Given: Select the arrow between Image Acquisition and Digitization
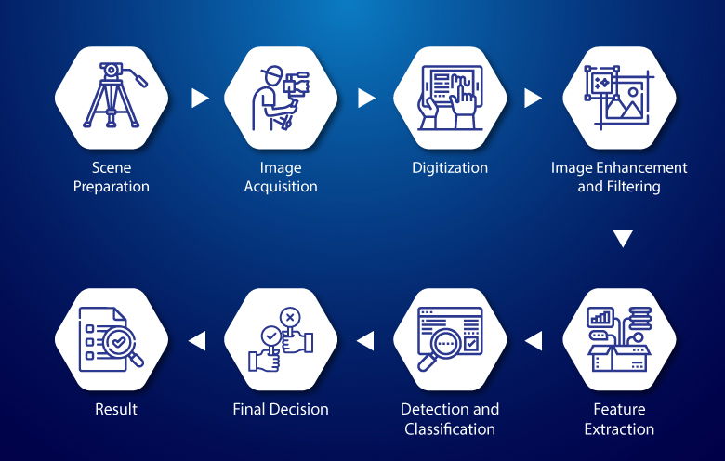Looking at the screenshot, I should point(366,98).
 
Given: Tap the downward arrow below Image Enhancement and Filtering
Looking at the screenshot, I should point(623,239).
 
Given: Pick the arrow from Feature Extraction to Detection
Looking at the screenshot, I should point(534,341).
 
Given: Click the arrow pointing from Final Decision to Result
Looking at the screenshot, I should point(197,341).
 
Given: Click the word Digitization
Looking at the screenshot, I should point(450,168).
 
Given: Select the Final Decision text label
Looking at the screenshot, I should point(280,409).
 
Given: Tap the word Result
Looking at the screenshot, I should point(116,409).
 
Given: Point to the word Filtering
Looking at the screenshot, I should point(632,187).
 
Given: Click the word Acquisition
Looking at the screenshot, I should point(281,187).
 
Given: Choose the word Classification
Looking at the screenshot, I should point(450,429).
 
